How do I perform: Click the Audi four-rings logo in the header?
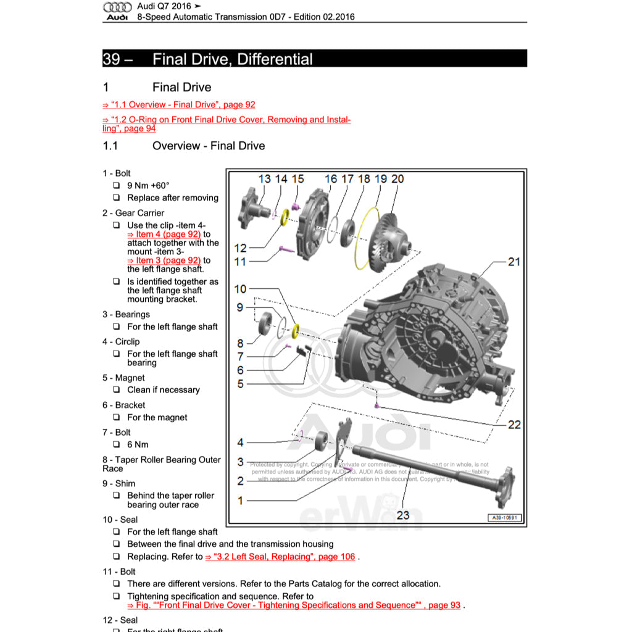(117, 7)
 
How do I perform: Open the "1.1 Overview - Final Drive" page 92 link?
(179, 105)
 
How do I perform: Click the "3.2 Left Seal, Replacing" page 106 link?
(281, 557)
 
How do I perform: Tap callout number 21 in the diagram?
(513, 262)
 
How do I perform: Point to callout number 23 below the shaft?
(403, 515)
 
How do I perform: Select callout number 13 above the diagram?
(264, 179)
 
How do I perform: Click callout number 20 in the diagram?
(397, 179)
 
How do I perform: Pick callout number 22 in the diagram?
(514, 424)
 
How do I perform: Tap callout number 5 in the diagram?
(241, 384)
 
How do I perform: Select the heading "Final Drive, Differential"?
(232, 59)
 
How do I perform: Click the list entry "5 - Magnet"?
(123, 378)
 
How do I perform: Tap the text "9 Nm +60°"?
(148, 185)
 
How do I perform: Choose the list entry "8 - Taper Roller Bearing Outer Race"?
(161, 464)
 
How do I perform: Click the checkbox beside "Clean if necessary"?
(116, 390)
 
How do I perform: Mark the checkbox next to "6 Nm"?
(116, 444)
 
